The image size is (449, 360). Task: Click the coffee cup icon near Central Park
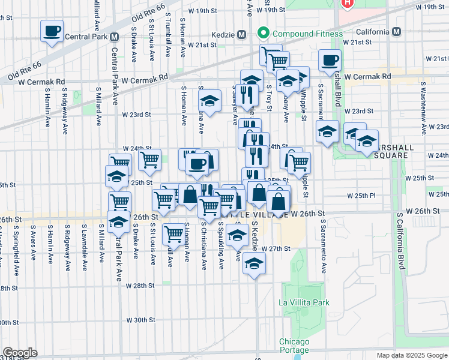52,31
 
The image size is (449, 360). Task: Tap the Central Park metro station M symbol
113,37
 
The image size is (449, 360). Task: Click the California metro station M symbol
396,32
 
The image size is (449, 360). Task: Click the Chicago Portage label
294,346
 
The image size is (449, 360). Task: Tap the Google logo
19,353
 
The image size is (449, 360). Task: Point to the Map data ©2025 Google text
411,355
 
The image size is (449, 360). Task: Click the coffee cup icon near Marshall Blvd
330,61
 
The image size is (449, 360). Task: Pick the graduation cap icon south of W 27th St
255,263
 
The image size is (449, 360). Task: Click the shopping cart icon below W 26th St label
173,233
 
